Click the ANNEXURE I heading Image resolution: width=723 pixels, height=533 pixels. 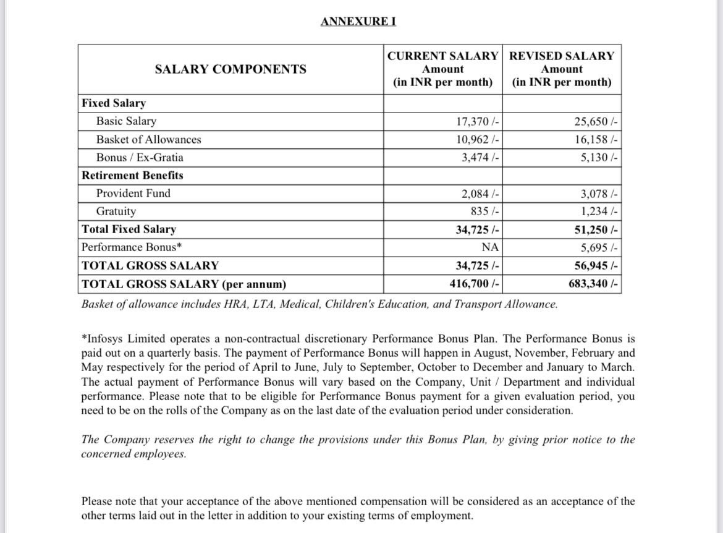pyautogui.click(x=358, y=22)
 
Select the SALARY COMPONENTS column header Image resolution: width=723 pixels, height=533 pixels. pyautogui.click(x=230, y=69)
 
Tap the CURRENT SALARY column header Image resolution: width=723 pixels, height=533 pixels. pyautogui.click(x=442, y=56)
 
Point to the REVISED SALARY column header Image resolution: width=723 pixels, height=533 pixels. pyautogui.click(x=561, y=56)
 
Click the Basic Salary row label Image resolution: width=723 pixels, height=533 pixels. pyautogui.click(x=126, y=121)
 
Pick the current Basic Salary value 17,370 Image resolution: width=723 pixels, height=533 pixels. pyautogui.click(x=478, y=122)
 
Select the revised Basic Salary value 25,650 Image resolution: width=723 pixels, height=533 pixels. pyautogui.click(x=596, y=122)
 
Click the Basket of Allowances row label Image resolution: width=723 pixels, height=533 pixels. pyautogui.click(x=148, y=140)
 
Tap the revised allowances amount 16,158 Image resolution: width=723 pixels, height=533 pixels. pyautogui.click(x=596, y=140)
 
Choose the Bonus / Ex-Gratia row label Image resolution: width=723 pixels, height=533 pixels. pyautogui.click(x=140, y=158)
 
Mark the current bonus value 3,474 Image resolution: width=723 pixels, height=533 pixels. pyautogui.click(x=480, y=158)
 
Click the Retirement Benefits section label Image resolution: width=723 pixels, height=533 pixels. pyautogui.click(x=132, y=176)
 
